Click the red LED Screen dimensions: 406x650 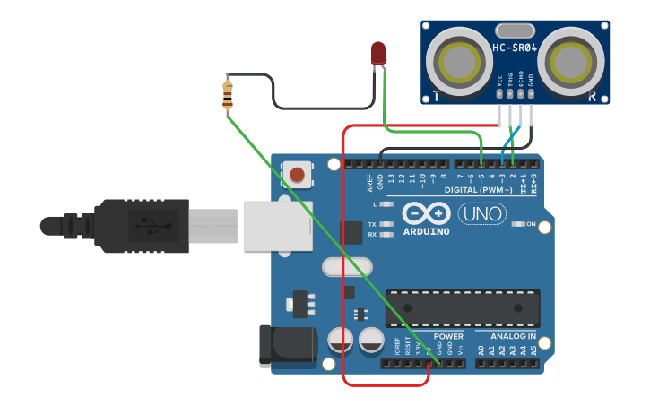378,53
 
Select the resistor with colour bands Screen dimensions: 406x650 227,94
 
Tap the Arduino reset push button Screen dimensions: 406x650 297,174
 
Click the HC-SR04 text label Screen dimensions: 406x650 515,48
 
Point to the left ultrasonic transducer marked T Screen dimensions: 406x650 460,61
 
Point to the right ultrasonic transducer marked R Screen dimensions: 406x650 571,61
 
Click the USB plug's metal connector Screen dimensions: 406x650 213,226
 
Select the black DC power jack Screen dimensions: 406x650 287,347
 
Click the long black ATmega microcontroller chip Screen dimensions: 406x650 462,307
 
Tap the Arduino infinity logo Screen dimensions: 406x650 425,214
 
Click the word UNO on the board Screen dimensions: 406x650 482,214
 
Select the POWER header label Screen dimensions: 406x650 448,336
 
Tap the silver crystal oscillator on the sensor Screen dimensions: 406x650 514,31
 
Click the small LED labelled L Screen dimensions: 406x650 386,204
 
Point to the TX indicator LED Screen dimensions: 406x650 386,224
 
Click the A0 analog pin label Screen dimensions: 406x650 481,349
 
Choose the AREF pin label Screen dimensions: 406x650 369,183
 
